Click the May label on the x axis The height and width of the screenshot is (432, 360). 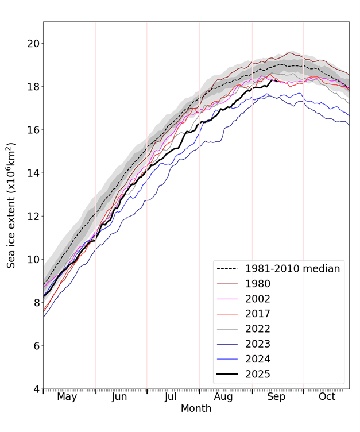coord(67,396)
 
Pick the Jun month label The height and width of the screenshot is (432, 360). coord(119,396)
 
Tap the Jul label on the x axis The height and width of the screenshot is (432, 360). coord(171,396)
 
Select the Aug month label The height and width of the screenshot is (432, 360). coord(224,396)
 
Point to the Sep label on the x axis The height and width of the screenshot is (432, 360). coord(276,396)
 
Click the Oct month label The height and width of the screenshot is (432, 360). coord(327,396)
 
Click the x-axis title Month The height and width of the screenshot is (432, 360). coord(196,408)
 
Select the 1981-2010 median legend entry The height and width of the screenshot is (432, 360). coord(292,268)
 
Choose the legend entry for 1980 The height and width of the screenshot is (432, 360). coord(258,284)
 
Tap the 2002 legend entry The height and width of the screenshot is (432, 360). coord(258,299)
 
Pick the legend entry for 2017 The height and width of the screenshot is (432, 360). coord(258,314)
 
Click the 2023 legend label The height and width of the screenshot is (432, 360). coord(258,344)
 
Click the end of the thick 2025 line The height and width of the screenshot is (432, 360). coord(277,81)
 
